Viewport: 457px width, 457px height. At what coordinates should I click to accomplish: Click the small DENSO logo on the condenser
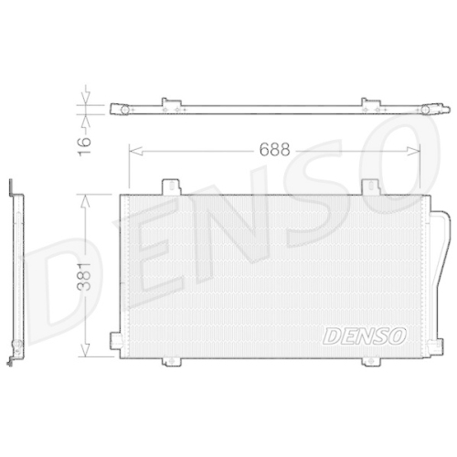click(365, 335)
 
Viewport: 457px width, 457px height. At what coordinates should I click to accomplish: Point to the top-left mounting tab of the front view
click(170, 186)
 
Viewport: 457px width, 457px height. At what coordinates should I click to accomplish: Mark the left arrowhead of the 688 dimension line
click(133, 149)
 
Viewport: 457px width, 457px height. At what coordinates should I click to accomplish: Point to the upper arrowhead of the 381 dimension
click(85, 197)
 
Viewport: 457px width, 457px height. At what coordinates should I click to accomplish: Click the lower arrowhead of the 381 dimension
click(85, 353)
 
